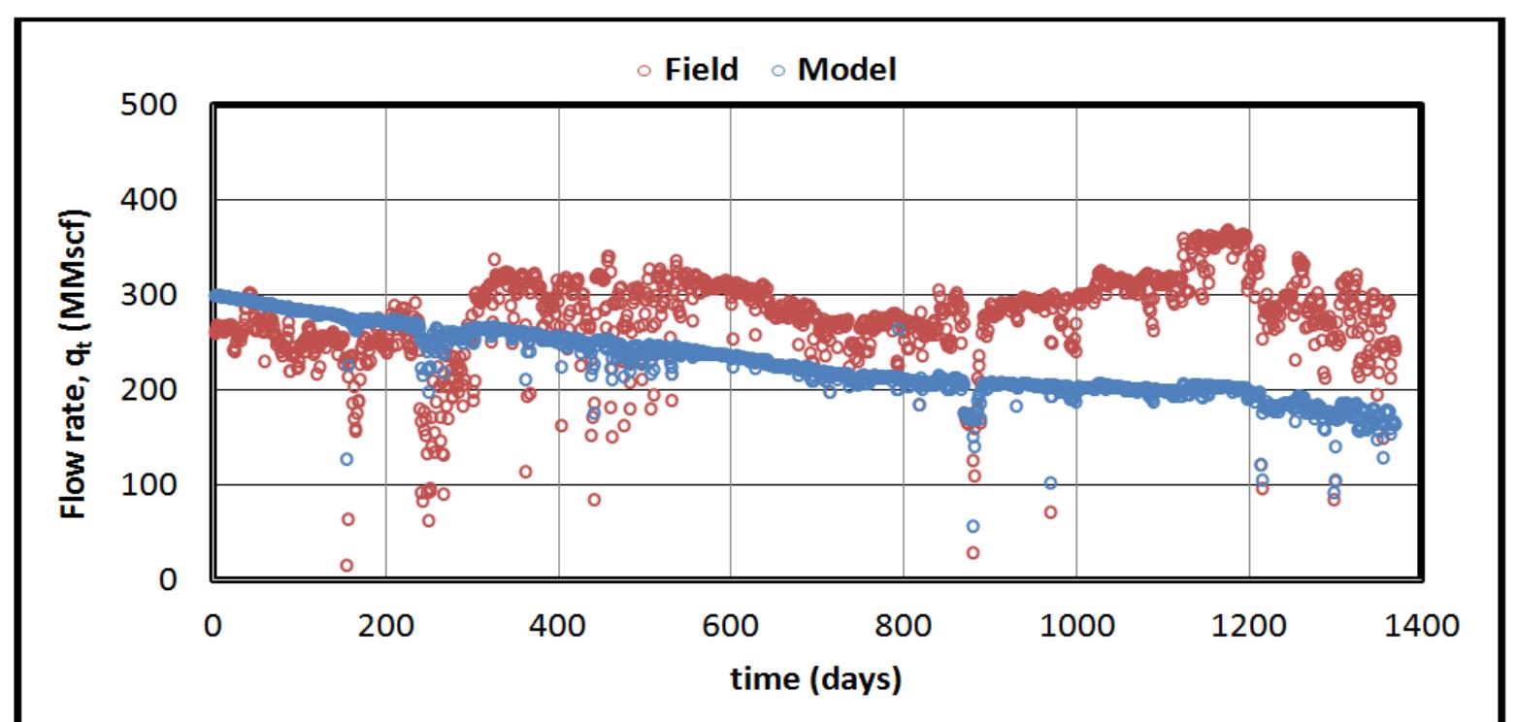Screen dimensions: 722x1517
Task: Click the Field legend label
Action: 701,70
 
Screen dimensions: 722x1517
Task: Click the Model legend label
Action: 846,70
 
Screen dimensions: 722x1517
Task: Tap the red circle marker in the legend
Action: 644,71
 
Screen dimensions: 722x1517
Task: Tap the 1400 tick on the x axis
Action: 1421,626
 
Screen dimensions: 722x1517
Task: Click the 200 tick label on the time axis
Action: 385,626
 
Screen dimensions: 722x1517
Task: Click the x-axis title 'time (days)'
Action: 815,678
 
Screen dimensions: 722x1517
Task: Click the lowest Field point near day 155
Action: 346,565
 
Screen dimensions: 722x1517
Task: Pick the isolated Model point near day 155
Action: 346,459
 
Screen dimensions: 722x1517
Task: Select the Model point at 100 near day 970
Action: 1050,483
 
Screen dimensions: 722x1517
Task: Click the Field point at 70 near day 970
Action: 1050,511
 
